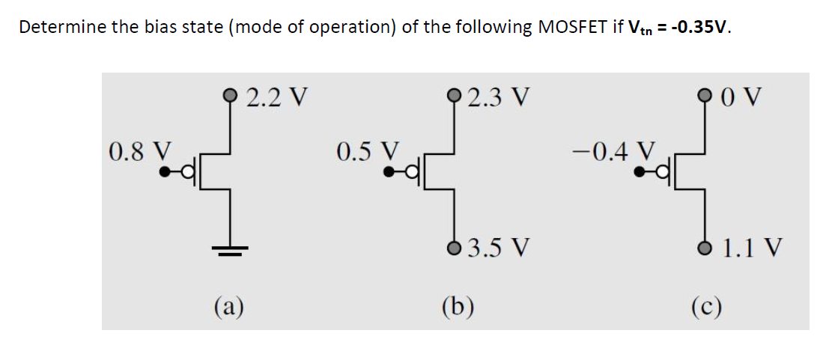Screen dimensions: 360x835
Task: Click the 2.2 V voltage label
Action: [x=277, y=97]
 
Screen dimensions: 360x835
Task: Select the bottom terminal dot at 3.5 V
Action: [x=455, y=248]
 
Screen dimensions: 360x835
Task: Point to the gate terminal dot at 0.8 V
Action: [x=164, y=171]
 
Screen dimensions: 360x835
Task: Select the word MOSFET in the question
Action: [x=570, y=28]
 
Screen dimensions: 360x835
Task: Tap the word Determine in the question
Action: [x=54, y=28]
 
